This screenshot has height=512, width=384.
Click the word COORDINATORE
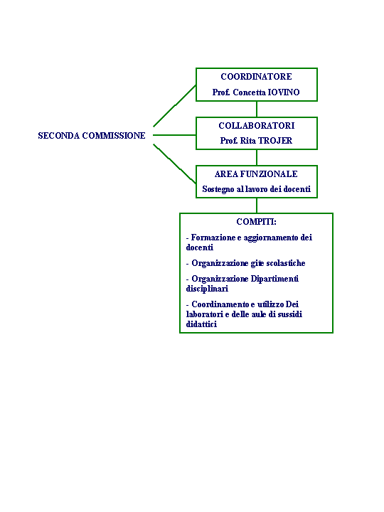256,77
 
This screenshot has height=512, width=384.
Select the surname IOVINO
284,92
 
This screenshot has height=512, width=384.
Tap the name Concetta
249,92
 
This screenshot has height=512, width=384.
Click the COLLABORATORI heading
257,126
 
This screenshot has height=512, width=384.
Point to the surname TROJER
275,141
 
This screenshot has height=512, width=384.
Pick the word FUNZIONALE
269,174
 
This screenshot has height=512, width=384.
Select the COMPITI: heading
256,222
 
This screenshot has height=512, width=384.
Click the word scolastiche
286,263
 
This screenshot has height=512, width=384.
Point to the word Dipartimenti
274,279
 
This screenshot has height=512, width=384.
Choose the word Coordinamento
220,304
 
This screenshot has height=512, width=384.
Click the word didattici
201,324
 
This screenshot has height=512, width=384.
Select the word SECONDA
59,136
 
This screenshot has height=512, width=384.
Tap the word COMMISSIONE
114,136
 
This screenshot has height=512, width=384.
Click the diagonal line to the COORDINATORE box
174,106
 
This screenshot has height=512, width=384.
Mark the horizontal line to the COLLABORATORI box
174,135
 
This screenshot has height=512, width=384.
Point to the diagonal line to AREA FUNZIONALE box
174,164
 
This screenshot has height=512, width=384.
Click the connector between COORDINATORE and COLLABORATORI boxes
257,109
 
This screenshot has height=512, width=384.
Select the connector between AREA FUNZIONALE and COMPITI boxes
257,206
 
